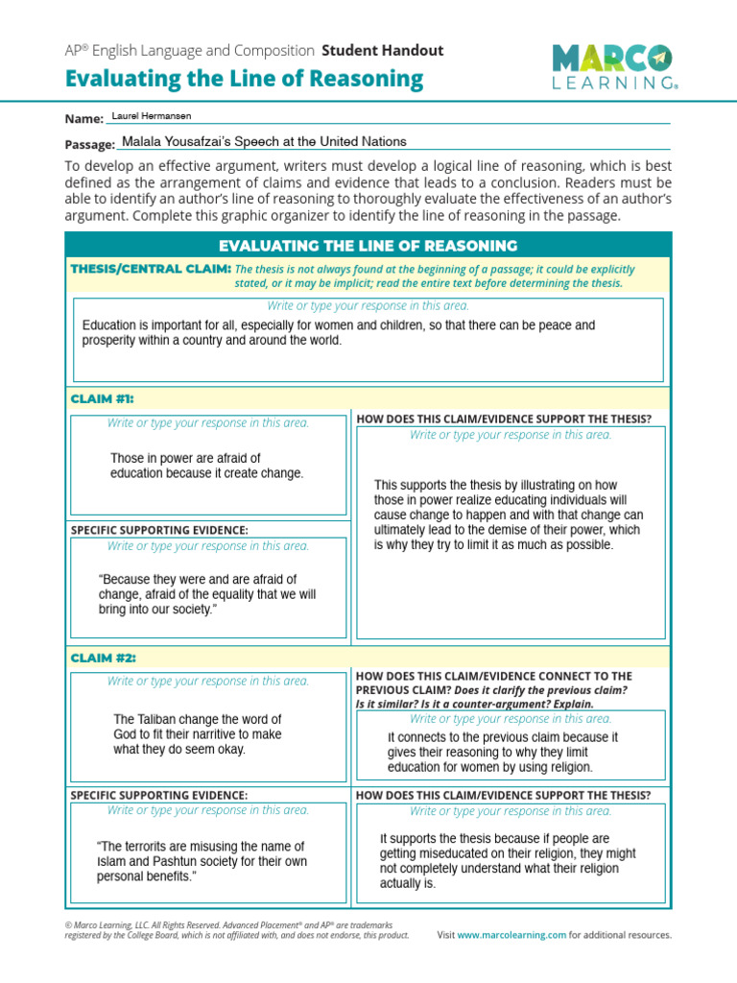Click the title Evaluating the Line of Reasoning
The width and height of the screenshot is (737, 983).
[244, 80]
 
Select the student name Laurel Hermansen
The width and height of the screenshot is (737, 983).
[152, 116]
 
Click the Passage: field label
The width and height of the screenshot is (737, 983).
[89, 144]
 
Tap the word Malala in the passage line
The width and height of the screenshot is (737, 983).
[143, 141]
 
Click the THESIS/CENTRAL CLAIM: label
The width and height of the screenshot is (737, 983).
[151, 269]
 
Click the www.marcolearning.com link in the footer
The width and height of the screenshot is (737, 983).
[511, 935]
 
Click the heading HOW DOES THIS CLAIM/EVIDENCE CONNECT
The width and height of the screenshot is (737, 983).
[493, 676]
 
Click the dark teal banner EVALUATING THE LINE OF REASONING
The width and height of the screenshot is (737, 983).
[368, 246]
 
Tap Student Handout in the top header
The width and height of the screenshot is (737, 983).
[383, 50]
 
